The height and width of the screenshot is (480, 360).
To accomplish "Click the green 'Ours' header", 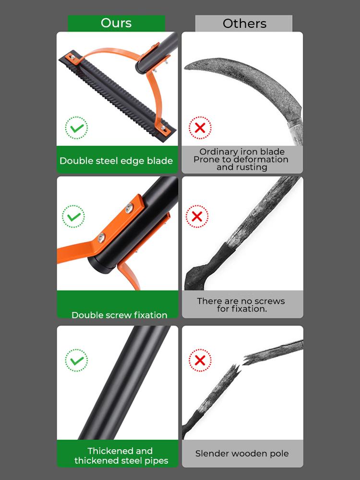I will point(116,23).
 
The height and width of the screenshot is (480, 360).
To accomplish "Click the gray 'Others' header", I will point(244,24).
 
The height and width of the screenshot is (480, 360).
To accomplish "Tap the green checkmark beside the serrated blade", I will point(77,128).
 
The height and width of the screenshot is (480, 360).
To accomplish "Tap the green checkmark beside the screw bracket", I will point(73,216).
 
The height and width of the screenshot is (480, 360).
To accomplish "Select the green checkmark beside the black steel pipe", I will point(76,360).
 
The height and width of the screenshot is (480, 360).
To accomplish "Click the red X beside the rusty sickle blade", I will point(200,128).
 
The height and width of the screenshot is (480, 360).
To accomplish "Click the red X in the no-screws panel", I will point(197,216).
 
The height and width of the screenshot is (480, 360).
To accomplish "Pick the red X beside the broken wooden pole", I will point(200,360).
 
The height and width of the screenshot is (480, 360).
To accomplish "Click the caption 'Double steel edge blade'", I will point(116,161).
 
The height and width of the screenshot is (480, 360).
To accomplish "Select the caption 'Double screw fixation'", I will point(119,315).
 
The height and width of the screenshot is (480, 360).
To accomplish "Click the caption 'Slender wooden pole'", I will point(242,453).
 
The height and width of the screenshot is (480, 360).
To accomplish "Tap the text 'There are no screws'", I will point(241,301).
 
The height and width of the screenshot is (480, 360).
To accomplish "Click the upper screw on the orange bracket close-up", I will point(129,208).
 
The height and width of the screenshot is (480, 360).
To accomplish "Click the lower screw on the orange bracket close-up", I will point(101,237).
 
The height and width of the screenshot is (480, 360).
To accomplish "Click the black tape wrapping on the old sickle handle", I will point(226,252).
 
